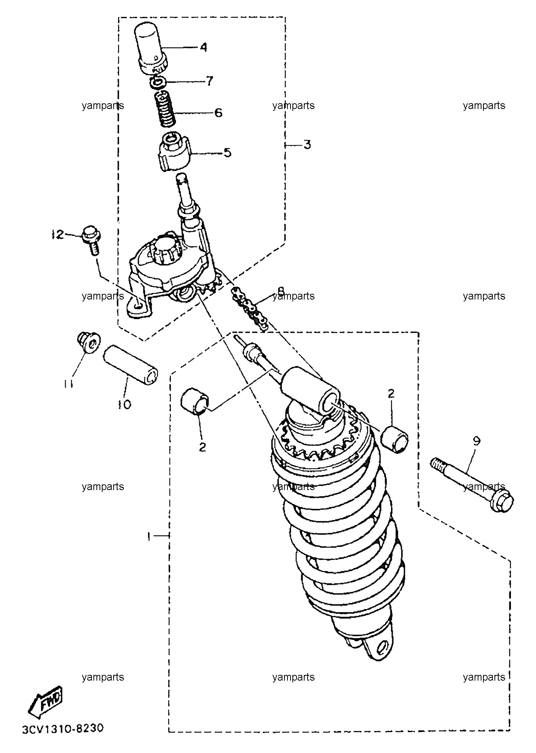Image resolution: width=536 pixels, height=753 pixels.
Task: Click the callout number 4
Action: click(204, 48)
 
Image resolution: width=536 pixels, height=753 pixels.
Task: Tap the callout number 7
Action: click(209, 81)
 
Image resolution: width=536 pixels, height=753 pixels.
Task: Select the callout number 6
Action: click(218, 113)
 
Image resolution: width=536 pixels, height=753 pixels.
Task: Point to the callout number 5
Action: click(227, 153)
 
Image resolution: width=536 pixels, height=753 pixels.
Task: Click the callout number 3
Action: click(307, 145)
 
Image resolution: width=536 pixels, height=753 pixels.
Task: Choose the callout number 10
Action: click(124, 404)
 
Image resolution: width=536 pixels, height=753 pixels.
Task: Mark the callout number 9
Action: click(477, 441)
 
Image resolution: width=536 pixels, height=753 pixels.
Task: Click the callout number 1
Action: click(150, 537)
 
